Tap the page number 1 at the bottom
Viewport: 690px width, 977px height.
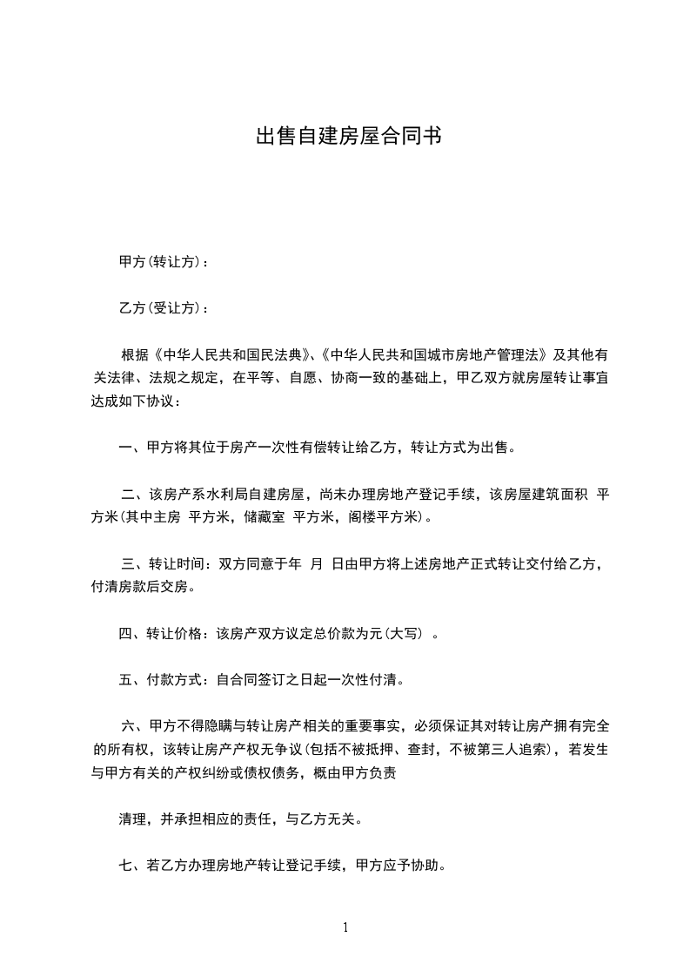(345, 927)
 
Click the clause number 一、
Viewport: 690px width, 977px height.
(131, 448)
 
